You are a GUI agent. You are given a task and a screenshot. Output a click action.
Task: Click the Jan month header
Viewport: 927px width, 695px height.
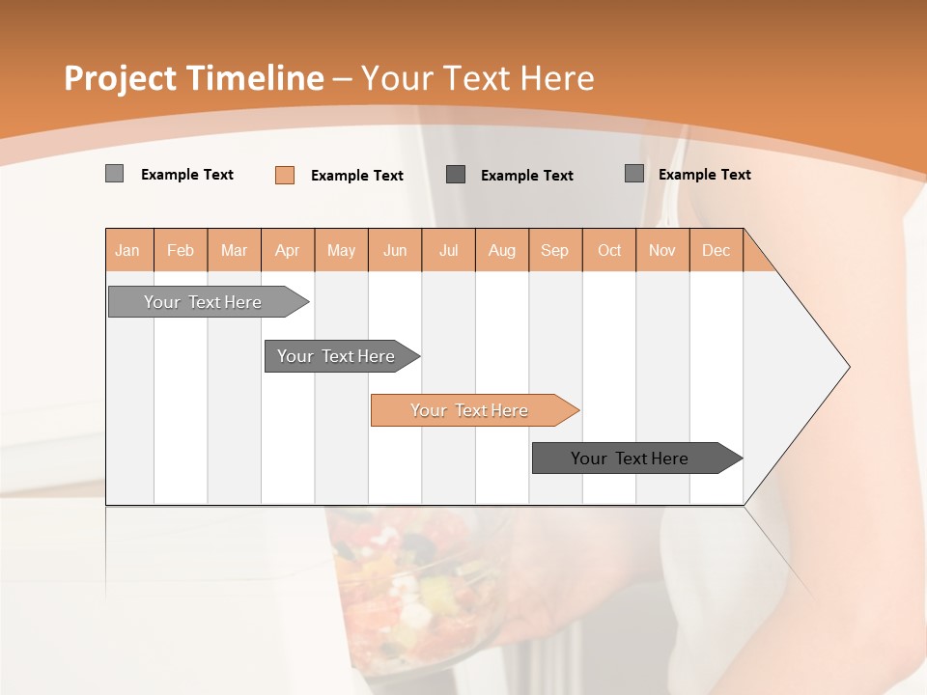[x=128, y=250]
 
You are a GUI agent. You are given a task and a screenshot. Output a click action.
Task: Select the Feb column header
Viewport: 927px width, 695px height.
[x=181, y=250]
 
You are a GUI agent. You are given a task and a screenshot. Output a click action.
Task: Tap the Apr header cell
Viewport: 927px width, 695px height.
[x=288, y=250]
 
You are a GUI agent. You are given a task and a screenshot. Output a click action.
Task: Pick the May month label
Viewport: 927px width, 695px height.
[x=341, y=250]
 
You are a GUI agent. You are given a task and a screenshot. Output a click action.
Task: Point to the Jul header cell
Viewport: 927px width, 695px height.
[x=448, y=250]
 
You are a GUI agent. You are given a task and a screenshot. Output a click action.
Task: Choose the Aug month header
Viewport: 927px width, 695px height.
[x=502, y=250]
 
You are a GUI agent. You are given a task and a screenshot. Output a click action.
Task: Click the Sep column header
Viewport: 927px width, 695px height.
[x=555, y=250]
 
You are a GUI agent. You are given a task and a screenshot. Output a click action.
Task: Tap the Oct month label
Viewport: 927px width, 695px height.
[x=609, y=250]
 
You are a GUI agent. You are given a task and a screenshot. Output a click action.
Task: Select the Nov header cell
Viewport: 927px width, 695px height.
[x=662, y=250]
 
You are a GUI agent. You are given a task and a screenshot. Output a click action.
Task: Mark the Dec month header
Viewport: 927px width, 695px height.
[x=716, y=250]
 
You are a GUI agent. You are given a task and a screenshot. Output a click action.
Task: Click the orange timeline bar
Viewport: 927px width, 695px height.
[x=469, y=410]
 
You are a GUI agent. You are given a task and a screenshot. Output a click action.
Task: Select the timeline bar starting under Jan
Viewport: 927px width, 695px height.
[x=203, y=302]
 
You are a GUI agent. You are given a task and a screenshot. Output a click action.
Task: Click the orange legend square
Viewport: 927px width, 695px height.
[x=285, y=175]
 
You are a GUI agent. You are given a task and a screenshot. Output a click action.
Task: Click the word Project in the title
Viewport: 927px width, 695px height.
[x=119, y=78]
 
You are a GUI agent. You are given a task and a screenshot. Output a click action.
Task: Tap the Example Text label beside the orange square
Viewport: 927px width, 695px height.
[x=357, y=176]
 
